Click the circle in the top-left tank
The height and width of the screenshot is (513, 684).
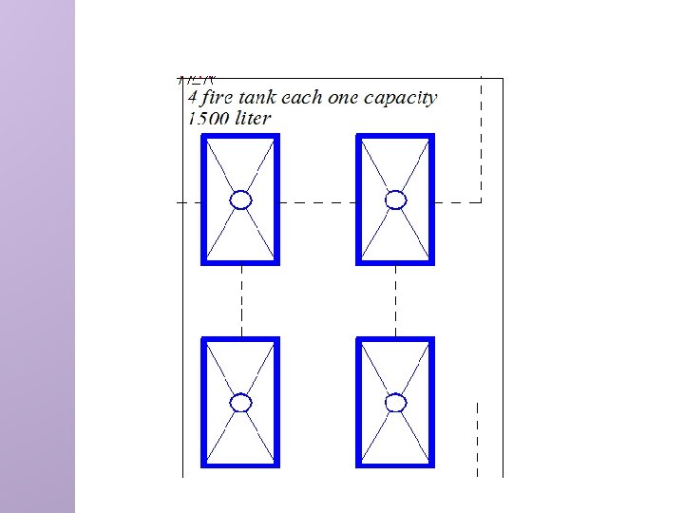241,199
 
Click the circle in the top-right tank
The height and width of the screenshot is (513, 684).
396,199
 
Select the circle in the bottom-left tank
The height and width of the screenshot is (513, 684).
241,403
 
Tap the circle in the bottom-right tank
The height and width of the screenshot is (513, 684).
396,403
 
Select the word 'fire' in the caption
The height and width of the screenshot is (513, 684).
219,97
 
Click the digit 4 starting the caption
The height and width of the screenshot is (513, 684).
193,97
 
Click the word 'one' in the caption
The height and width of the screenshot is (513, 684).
346,97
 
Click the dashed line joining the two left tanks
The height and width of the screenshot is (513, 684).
241,300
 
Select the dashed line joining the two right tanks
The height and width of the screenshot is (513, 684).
396,300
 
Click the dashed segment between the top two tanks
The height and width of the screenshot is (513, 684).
318,201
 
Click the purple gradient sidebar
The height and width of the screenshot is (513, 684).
37,256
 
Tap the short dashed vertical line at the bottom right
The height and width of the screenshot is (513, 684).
477,437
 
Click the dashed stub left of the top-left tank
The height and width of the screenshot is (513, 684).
189,201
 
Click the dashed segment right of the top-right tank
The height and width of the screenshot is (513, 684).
458,201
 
